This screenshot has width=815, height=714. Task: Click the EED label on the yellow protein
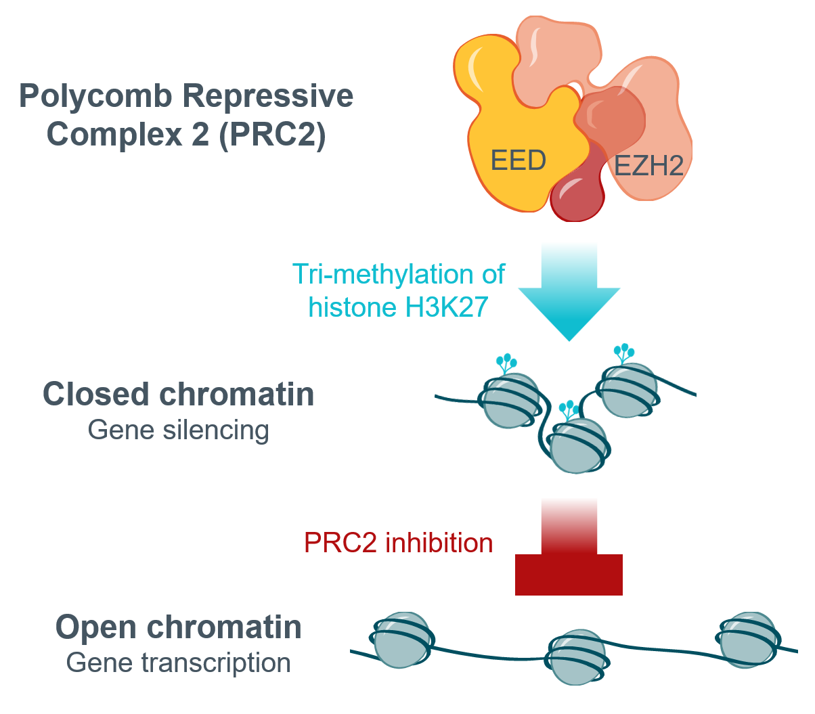point(518,161)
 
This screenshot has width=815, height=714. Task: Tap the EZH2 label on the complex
point(648,165)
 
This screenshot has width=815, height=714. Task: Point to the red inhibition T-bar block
point(569,574)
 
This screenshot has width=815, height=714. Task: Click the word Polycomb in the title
point(95,96)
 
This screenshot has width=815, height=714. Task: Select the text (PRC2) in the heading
point(273,134)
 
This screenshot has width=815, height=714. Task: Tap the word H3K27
point(446,307)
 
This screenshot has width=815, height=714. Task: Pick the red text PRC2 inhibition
point(398,543)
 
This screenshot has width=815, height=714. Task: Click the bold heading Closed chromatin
point(179,394)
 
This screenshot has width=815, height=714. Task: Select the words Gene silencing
point(179,430)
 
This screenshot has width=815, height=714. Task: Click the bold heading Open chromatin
point(179,627)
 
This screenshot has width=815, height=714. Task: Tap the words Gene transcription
point(179,663)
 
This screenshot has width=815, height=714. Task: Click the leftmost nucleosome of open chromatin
point(402,640)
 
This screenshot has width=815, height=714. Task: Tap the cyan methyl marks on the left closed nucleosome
point(506,363)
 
